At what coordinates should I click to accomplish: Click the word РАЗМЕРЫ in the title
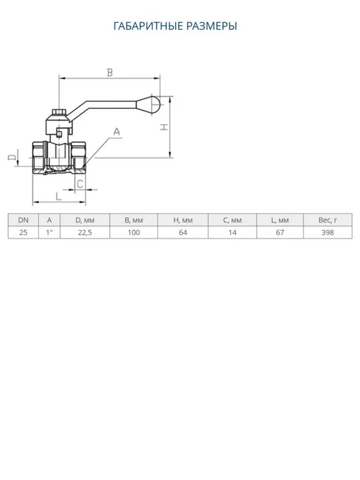tap(212, 26)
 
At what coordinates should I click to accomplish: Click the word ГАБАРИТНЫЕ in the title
tap(148, 26)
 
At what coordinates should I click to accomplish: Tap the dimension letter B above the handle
tap(110, 73)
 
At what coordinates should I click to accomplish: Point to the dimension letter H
tap(165, 127)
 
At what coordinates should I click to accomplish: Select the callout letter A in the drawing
tap(117, 132)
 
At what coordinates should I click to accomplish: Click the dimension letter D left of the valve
tap(12, 158)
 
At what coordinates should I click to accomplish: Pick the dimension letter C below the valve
tap(80, 184)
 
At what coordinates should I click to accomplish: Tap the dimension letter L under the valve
tap(59, 196)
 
